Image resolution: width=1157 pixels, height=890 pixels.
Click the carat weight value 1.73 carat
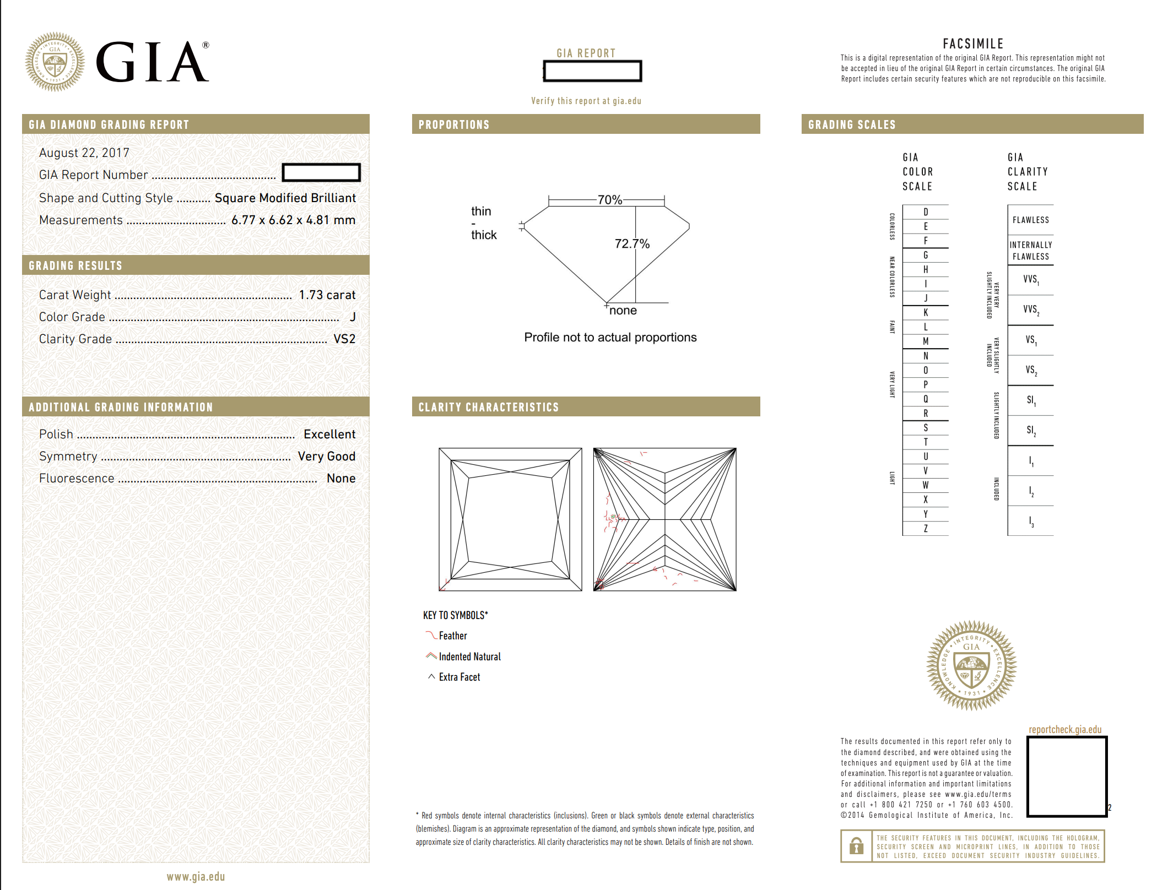(327, 295)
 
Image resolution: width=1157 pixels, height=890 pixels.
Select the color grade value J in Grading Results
(353, 317)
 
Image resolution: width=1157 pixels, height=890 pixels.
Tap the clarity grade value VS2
(344, 339)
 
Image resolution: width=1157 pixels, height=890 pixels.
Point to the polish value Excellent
(329, 435)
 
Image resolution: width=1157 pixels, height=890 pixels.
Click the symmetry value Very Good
(327, 457)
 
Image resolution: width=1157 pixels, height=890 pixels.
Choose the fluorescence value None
(341, 479)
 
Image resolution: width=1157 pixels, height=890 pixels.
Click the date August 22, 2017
(84, 153)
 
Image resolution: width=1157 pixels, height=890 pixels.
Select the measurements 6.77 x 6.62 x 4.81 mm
(294, 220)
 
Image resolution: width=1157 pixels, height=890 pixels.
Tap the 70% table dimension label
(610, 200)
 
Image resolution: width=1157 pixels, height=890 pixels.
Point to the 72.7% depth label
(632, 243)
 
